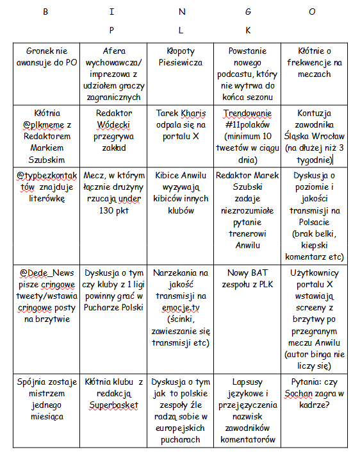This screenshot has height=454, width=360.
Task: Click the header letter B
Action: (45, 11)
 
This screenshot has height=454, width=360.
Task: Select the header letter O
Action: (312, 11)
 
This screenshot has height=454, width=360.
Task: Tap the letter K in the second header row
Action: (248, 29)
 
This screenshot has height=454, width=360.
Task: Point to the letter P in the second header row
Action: (111, 29)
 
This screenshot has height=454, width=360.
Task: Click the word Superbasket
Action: (114, 405)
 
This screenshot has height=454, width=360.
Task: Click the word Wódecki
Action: (114, 124)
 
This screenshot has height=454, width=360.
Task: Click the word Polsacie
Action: (315, 221)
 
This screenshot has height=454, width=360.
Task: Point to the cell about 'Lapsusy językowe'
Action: (248, 410)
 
